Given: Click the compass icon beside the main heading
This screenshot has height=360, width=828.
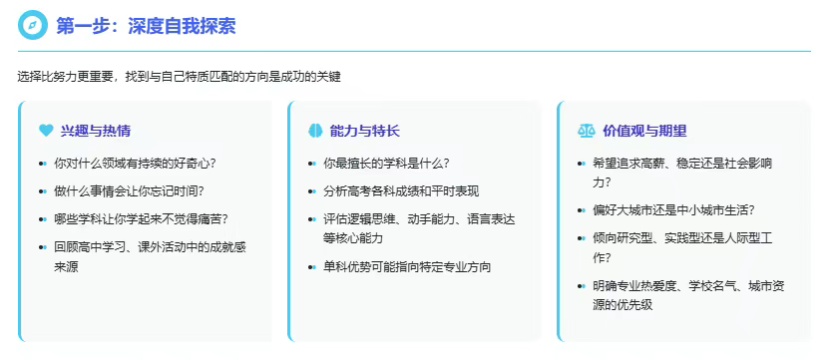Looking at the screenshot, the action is pos(33,25).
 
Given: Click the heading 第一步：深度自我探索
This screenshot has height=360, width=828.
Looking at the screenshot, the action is pos(146,26).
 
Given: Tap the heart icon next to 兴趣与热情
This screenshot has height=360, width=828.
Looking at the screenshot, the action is pos(46,131).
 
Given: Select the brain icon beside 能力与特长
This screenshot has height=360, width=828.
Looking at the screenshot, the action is pos(315,131).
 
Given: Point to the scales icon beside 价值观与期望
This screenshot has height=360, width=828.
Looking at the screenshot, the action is pos(587,131).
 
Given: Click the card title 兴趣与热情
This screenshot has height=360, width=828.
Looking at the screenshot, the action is pos(96,131).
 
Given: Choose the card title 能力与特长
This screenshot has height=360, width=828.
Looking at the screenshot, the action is pos(365,131).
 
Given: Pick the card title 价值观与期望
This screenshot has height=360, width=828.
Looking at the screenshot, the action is pos(644,131).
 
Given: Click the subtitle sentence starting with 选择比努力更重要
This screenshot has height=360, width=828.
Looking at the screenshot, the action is pos(179,77).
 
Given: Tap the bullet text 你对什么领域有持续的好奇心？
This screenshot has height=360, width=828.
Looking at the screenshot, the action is pos(136,164).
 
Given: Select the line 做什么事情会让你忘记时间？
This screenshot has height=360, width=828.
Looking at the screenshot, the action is pos(130,190).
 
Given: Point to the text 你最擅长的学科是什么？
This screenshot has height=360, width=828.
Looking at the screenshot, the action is pos(386,164).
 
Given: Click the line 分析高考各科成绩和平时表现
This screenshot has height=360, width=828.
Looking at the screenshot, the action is pos(401,191).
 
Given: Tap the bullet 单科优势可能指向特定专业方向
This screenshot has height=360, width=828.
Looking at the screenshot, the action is pos(407,267).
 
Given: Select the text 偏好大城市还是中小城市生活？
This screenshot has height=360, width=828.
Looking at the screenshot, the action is pos(673,210).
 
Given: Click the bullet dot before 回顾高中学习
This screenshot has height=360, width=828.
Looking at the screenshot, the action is pos(42,246).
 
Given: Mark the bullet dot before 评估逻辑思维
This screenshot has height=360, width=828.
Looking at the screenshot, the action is pos(311,219).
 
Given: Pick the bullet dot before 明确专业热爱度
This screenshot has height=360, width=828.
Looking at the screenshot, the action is pos(581,286).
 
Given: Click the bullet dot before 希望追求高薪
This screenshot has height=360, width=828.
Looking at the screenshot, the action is pos(581,164).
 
